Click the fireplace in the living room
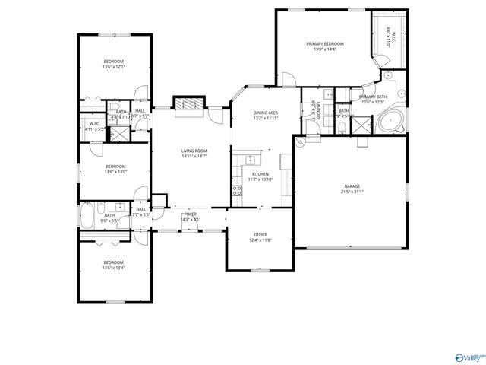pos(189,106)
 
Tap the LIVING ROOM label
pos(194,151)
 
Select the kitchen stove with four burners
pos(237,192)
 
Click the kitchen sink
pos(251,159)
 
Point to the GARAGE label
pos(352,186)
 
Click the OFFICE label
pos(260,234)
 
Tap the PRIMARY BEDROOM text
pos(325,44)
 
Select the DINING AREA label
pos(266,113)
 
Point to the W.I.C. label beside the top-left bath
pos(95,124)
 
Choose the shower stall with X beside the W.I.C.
pos(119,135)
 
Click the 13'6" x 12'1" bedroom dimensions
pos(114,68)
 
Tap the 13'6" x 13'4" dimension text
pos(114,268)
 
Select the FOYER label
pos(190,214)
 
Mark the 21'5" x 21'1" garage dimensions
pos(352,192)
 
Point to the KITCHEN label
pos(260,174)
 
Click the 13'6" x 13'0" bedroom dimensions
pos(115,172)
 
